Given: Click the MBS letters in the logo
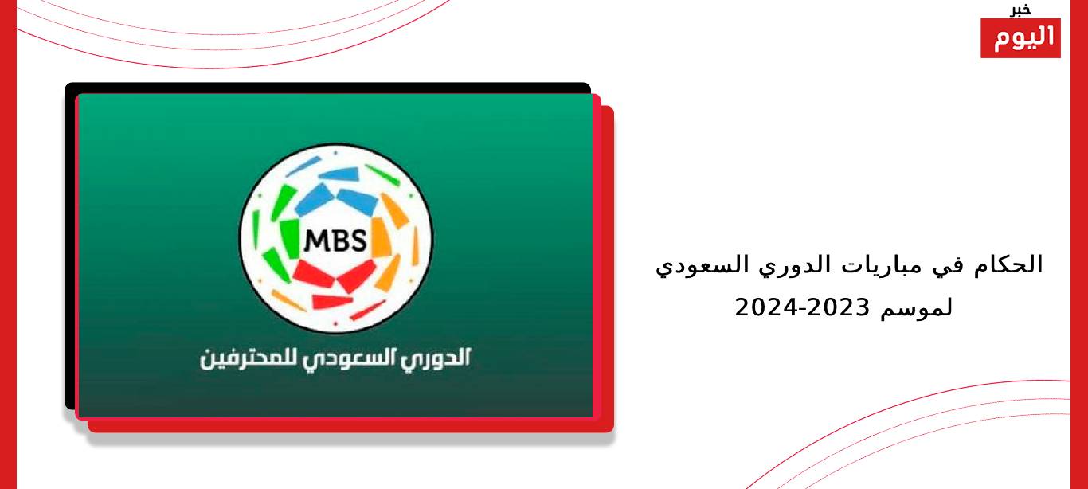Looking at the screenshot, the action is [335, 240].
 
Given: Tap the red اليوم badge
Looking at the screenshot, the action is [1020, 38].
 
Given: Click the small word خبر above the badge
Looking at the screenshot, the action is [1020, 10].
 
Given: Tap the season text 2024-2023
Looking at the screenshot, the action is [802, 307].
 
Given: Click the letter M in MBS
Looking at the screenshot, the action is [315, 241].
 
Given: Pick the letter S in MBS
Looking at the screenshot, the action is [358, 241].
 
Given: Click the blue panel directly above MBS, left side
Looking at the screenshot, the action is [315, 199].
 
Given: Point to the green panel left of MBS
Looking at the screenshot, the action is [291, 238].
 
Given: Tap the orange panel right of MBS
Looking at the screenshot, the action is [381, 237].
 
